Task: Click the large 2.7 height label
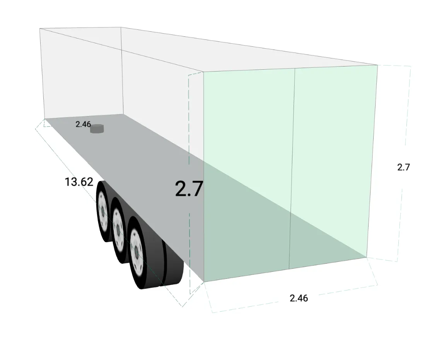189,189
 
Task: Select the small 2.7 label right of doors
403,167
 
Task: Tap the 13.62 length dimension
79,182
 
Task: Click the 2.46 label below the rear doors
299,298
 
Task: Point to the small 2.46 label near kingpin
83,125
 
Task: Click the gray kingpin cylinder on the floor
97,129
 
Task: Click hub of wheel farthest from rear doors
103,211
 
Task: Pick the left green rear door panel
248,174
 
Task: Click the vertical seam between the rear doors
293,170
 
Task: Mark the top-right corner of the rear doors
377,65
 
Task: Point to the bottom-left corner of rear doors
204,282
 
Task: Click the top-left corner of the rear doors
204,72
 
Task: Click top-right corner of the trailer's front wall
121,27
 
